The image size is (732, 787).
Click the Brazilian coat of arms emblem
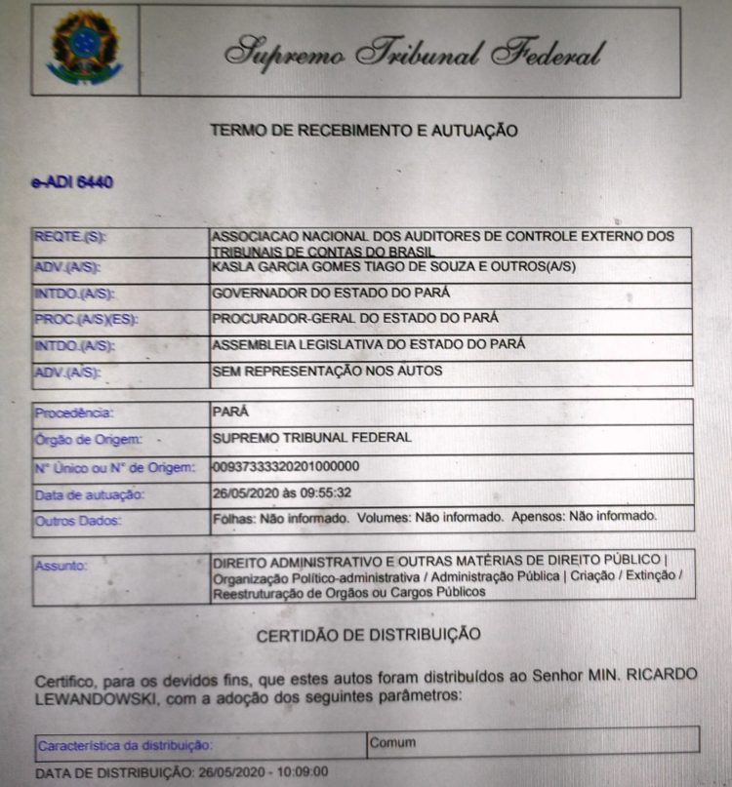click(x=84, y=49)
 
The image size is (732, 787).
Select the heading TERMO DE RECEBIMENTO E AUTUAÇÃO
click(x=364, y=130)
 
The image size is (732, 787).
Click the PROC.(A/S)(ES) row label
click(x=82, y=319)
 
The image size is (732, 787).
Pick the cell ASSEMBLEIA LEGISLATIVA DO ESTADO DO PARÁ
click(x=369, y=344)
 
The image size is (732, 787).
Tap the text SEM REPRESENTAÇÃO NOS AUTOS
click(x=327, y=371)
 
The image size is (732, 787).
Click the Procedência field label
click(x=74, y=413)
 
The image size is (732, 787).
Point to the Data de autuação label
click(x=89, y=494)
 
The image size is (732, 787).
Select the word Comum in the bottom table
click(x=392, y=742)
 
